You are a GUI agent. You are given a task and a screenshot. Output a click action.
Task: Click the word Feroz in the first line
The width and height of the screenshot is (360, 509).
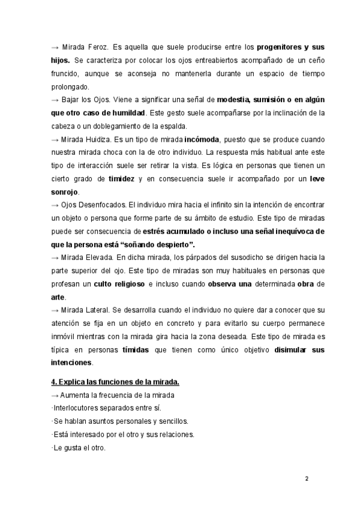[100, 46]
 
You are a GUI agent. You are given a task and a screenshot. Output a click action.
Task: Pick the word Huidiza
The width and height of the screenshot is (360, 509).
[98, 139]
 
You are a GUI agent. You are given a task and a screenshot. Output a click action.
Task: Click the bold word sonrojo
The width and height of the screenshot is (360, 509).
[64, 192]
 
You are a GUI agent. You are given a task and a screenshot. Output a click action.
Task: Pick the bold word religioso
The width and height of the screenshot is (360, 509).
[125, 284]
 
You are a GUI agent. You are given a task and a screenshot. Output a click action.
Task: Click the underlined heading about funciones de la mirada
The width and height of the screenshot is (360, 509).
[115, 382]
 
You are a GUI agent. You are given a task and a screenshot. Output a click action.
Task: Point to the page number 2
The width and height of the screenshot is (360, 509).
[306, 478]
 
